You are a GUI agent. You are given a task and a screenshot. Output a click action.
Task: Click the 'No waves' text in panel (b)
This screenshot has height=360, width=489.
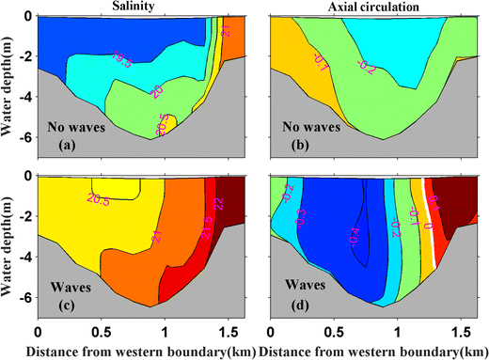[x=302, y=125]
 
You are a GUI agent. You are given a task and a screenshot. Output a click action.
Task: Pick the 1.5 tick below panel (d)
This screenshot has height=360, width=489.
[x=458, y=332]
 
